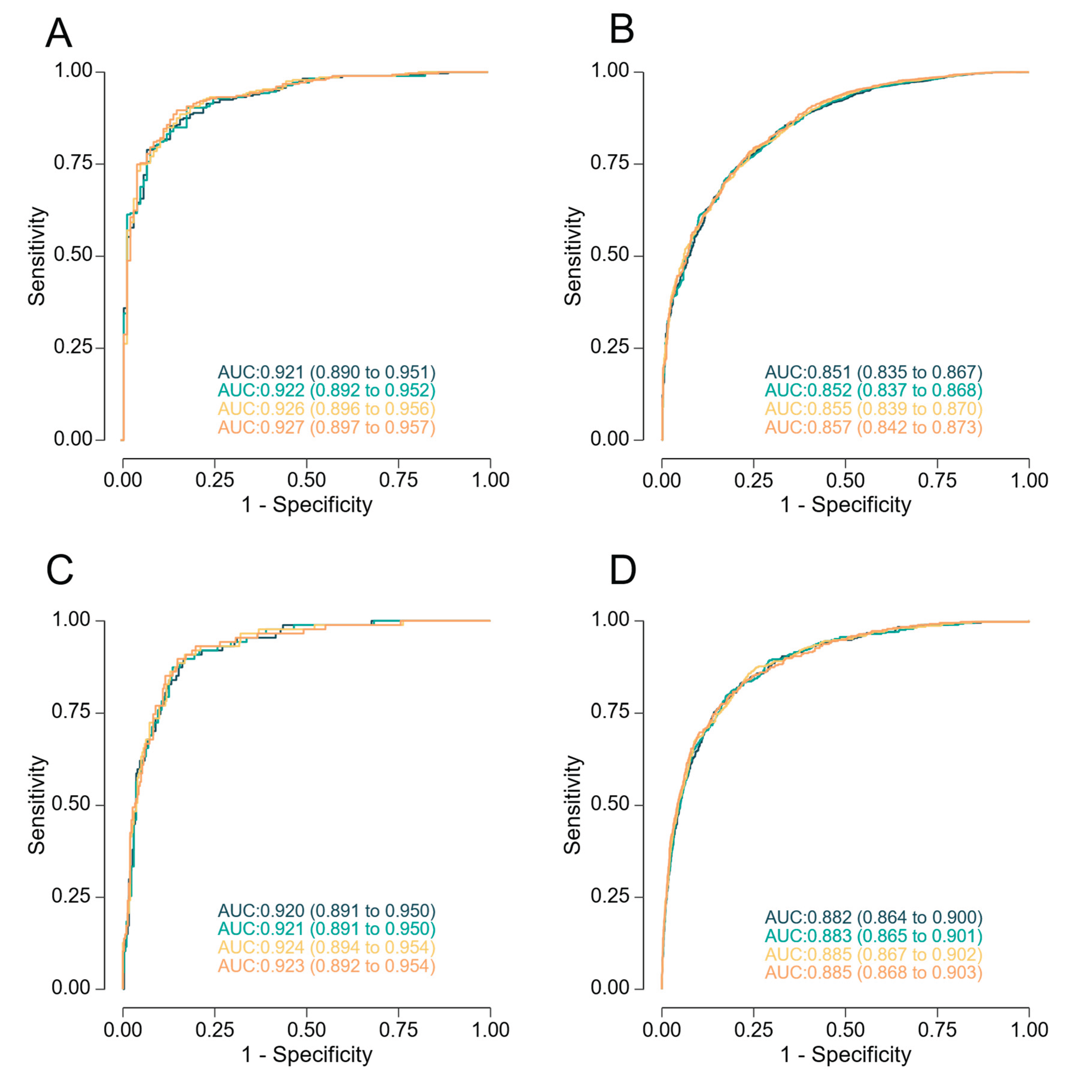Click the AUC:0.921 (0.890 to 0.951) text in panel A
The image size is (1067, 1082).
click(x=326, y=372)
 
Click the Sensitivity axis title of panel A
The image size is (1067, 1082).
click(x=37, y=256)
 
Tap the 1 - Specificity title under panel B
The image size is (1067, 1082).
click(x=845, y=505)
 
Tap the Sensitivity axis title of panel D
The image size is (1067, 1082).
click(x=573, y=805)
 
